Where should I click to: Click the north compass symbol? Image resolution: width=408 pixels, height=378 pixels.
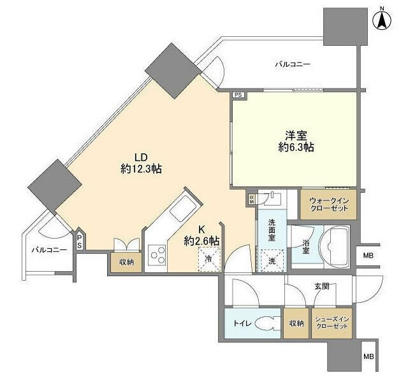pos(382,21)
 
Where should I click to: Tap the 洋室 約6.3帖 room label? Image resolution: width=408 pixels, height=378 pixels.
pos(296,141)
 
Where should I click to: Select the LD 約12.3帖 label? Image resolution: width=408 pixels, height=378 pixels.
pos(141,163)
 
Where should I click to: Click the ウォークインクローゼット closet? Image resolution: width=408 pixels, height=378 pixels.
pos(328,204)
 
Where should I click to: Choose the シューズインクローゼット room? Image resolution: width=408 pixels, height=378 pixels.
pos(331,323)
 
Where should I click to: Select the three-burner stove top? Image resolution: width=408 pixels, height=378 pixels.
pos(157,255)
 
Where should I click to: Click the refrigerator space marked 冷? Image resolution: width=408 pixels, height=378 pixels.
pos(209,259)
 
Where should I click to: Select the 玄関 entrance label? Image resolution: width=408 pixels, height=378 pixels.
pos(322,286)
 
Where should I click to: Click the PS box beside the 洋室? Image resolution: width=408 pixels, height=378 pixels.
pos(238,95)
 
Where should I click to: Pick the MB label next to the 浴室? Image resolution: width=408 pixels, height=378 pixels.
pos(368,255)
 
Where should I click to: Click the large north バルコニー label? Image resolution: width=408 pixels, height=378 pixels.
pos(293,64)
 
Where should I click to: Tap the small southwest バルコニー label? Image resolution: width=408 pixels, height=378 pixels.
pos(49,250)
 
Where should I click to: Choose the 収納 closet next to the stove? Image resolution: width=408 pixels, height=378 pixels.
pos(126,262)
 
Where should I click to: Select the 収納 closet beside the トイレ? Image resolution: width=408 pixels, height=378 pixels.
pos(296,323)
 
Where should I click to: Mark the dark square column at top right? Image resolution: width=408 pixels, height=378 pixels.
pos(346,27)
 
